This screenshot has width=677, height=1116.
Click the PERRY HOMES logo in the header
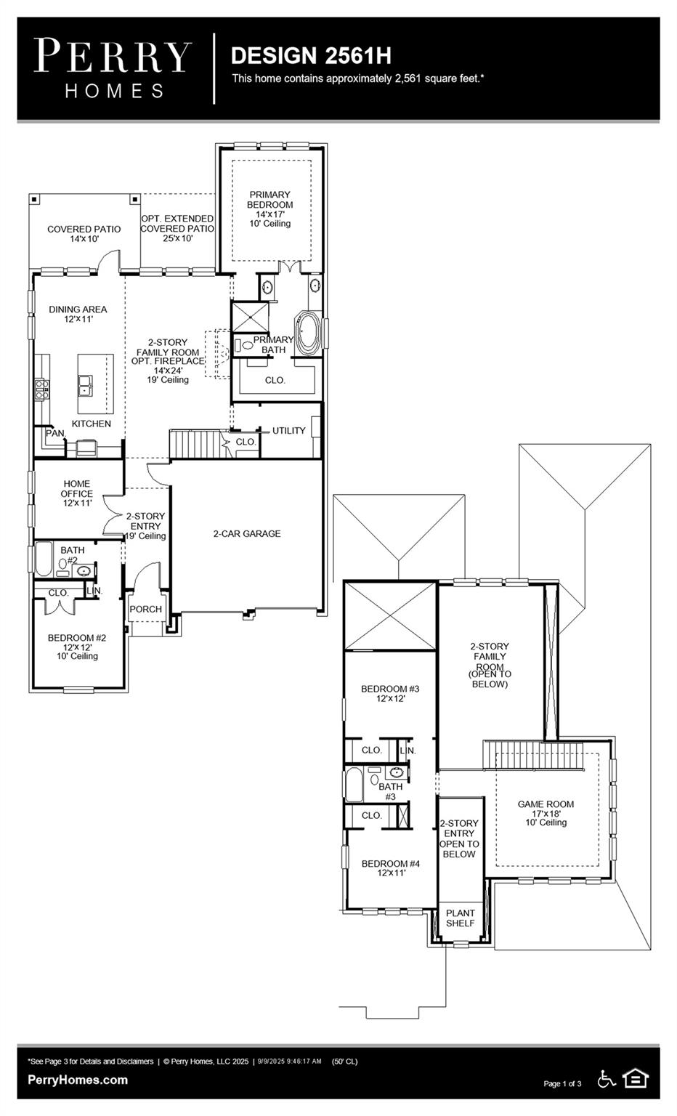tap(114, 68)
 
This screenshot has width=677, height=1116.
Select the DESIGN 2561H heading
tap(311, 55)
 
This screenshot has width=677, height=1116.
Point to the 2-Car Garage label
tap(246, 533)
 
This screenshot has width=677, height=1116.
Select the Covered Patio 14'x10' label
tap(84, 233)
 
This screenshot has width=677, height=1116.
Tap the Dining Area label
tap(78, 314)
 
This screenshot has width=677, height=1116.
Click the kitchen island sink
tap(86, 384)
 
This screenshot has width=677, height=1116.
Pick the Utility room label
tap(288, 431)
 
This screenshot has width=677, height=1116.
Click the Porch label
tap(145, 609)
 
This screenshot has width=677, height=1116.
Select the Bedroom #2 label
tap(77, 646)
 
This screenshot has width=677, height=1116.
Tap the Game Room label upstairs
tap(546, 812)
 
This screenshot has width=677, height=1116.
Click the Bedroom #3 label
tap(390, 693)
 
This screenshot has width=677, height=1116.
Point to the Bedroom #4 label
tap(391, 868)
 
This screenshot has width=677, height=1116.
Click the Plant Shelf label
tap(460, 918)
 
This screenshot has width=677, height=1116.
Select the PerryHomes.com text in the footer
tap(78, 1080)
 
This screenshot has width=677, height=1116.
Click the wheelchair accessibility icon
tap(606, 1079)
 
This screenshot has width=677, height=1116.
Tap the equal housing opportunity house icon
tap(636, 1079)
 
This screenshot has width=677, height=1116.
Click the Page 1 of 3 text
tap(562, 1083)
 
